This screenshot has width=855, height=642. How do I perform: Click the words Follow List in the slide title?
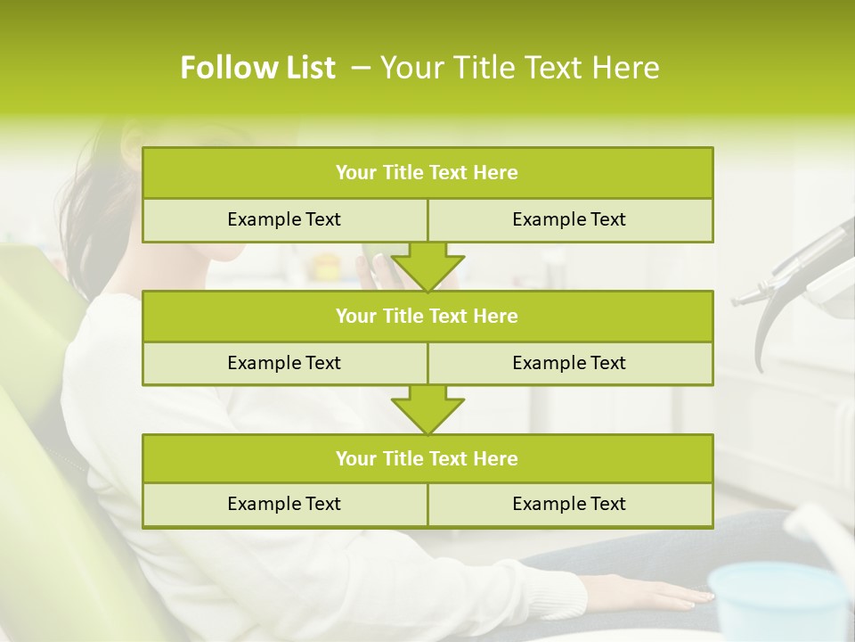pyautogui.click(x=257, y=68)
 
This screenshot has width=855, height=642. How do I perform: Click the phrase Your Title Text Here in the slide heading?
pyautogui.click(x=519, y=68)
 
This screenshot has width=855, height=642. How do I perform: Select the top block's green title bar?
pyautogui.click(x=427, y=173)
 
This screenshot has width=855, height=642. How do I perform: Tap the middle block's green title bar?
pyautogui.click(x=427, y=316)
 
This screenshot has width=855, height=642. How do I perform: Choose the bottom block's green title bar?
pyautogui.click(x=427, y=458)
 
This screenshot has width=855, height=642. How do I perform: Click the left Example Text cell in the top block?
pyautogui.click(x=284, y=220)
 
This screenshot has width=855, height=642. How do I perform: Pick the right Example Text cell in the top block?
pyautogui.click(x=569, y=220)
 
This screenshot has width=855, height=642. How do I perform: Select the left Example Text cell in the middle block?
pyautogui.click(x=284, y=363)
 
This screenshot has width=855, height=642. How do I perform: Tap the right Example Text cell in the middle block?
pyautogui.click(x=569, y=363)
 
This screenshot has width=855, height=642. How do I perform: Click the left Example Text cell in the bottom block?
pyautogui.click(x=284, y=504)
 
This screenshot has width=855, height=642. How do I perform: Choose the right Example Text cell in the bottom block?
pyautogui.click(x=569, y=504)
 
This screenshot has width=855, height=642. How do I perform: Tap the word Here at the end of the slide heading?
pyautogui.click(x=629, y=68)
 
